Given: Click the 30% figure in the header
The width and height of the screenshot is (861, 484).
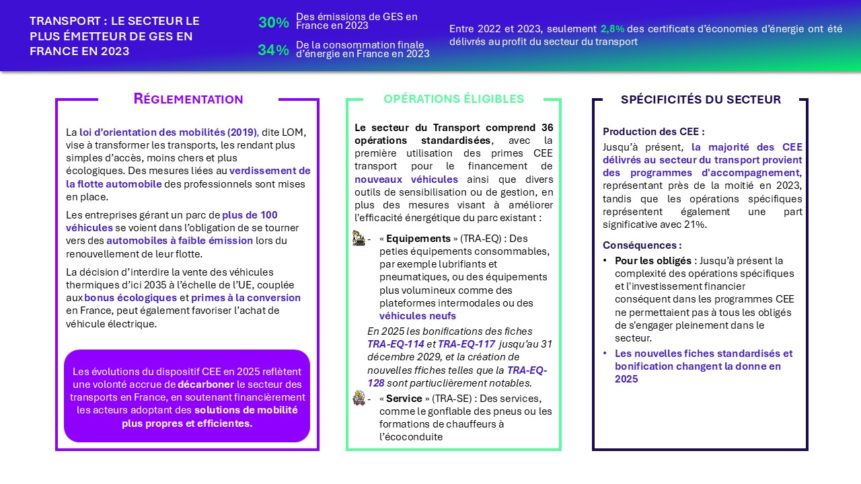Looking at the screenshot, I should (273, 22).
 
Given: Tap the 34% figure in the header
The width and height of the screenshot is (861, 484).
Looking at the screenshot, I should (273, 50).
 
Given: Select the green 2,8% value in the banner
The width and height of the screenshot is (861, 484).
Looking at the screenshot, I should (612, 29).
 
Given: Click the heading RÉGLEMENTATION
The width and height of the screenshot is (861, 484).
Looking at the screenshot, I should (188, 99).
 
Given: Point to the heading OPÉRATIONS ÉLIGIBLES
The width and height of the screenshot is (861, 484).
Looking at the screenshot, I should (453, 99).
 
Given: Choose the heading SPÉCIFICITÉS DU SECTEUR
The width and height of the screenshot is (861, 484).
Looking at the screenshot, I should (700, 99).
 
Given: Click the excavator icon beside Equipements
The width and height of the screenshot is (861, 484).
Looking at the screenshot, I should (359, 238).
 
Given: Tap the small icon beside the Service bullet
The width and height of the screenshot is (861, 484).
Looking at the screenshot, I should (359, 398).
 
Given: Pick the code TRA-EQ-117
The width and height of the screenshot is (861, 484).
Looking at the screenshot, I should (467, 344).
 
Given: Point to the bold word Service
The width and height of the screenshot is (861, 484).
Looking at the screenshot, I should (404, 399).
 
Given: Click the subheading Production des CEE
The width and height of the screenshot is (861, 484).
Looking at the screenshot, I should (653, 132).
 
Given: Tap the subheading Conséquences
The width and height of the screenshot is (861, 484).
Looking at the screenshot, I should (642, 245).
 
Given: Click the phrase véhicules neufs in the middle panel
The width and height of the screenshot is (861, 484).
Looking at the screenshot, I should (418, 316).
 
